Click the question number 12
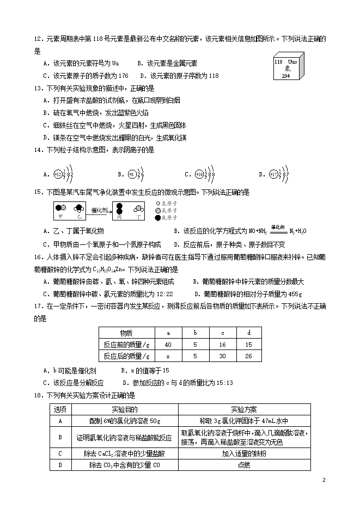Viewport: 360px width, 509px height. click(38, 40)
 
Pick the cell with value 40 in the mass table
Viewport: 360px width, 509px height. click(167, 344)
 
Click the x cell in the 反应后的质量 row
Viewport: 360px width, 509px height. click(167, 356)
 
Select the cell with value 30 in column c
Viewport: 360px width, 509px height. click(222, 356)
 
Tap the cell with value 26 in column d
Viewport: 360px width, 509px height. click(249, 356)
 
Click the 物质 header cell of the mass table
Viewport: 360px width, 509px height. click(126, 333)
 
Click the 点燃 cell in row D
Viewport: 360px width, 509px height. click(244, 465)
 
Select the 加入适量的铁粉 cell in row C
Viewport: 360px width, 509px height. click(244, 453)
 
